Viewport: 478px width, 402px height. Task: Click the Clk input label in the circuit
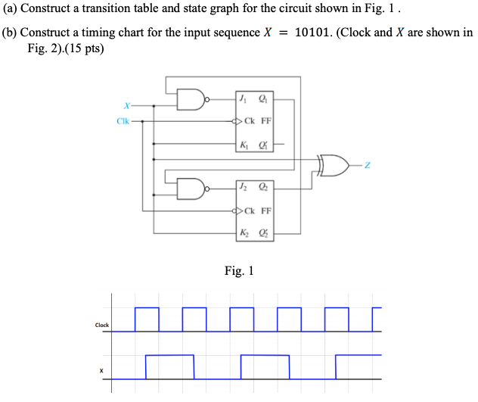tap(123, 120)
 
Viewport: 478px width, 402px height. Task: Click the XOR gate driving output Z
tap(334, 164)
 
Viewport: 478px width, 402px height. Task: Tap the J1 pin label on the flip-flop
tap(242, 98)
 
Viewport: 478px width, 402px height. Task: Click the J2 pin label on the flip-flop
tap(242, 185)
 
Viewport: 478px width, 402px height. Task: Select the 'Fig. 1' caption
tap(239, 271)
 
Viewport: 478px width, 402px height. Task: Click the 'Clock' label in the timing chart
tap(101, 326)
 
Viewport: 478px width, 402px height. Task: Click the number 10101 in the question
tap(317, 33)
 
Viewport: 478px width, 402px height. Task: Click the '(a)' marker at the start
tap(12, 11)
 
